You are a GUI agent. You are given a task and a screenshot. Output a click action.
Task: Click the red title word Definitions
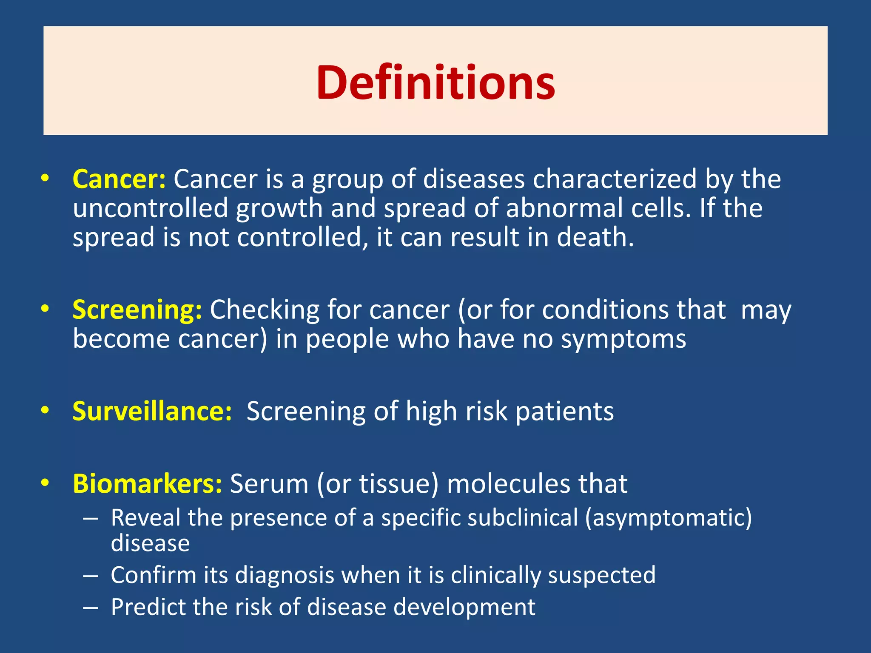[x=435, y=82]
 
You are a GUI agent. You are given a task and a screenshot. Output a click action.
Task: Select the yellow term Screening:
[x=137, y=309]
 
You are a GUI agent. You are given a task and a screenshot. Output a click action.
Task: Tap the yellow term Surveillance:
[x=152, y=411]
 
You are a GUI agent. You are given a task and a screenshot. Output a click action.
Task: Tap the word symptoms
[x=623, y=339]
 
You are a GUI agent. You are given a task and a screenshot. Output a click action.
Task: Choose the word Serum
[x=269, y=484]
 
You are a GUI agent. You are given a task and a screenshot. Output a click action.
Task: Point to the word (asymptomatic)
[x=668, y=518]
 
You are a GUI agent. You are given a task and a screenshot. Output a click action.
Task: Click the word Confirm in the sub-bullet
[x=153, y=575]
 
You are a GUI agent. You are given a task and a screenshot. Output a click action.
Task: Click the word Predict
[x=148, y=607]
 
